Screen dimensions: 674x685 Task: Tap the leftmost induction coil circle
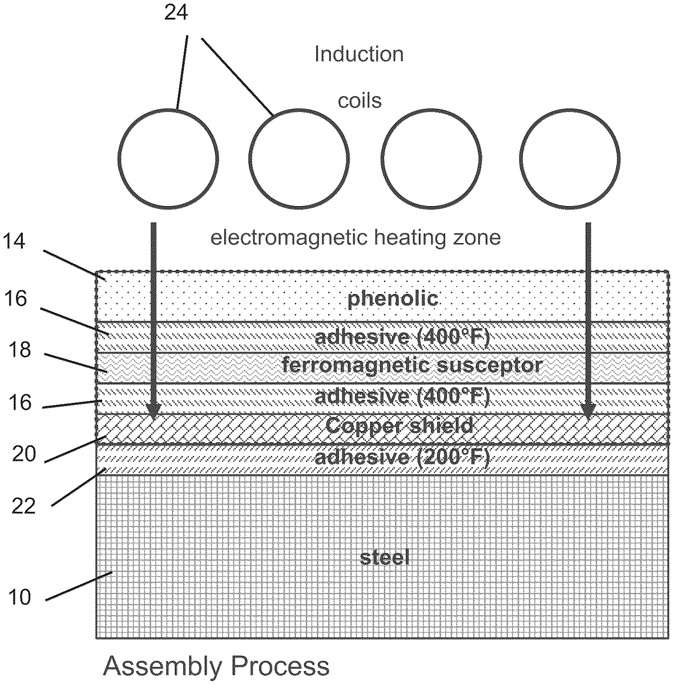point(118,158)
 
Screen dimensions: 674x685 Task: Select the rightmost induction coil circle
point(520,158)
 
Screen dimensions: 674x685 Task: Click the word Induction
point(359,55)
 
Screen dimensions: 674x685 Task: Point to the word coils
point(360,101)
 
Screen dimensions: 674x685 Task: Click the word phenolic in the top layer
point(393,298)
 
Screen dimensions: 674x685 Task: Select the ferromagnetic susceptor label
point(413,365)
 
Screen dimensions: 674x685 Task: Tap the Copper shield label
point(399,425)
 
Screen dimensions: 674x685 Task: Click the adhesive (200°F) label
point(402,457)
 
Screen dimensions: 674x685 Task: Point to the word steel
point(385,558)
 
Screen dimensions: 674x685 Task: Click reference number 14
point(14,241)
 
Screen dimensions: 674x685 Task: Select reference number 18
point(19,350)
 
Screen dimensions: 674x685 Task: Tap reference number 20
point(24,454)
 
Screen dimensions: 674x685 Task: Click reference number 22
point(24,506)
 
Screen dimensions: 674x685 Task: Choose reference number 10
point(19,597)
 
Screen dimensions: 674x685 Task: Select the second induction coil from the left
point(250,158)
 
